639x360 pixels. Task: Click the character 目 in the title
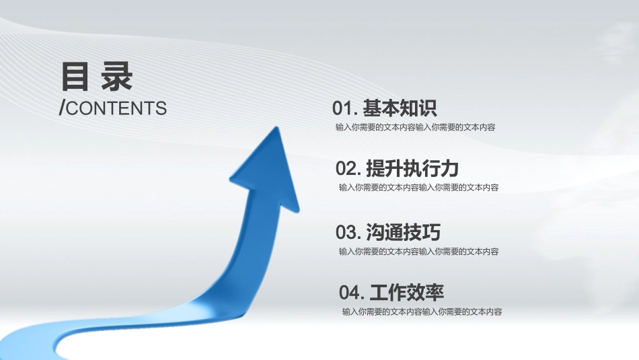tap(75, 77)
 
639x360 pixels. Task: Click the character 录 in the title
tap(117, 77)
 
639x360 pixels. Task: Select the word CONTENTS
tap(116, 108)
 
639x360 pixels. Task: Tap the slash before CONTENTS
tap(62, 108)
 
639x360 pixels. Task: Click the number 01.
tap(343, 108)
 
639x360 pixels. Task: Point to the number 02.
tap(346, 168)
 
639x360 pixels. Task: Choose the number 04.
tap(350, 293)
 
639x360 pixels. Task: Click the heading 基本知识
tap(400, 108)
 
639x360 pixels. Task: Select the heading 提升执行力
tap(412, 168)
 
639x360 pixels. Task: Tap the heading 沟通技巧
tap(403, 233)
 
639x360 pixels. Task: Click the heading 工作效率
tap(406, 293)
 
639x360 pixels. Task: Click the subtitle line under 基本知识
tap(415, 127)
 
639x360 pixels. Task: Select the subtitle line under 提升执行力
tap(418, 188)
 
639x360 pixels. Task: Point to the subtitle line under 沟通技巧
tap(418, 252)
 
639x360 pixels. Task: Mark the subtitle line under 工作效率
tap(422, 312)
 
